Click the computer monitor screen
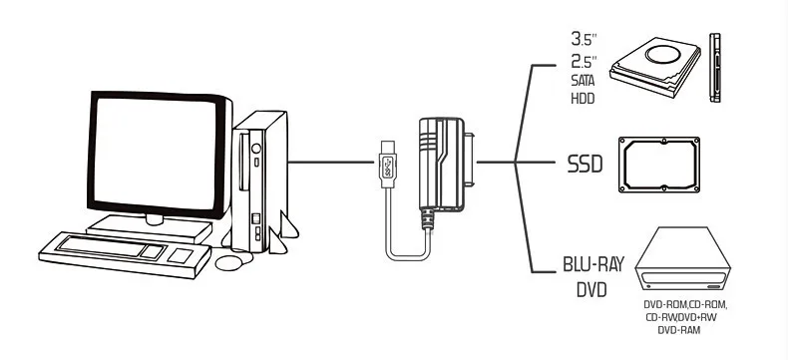(x=155, y=154)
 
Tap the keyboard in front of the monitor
(x=124, y=255)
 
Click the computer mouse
(x=228, y=262)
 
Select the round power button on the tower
(x=256, y=149)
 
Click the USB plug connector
(x=386, y=164)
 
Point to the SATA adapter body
(x=442, y=164)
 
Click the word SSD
(x=585, y=164)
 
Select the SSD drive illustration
(x=659, y=165)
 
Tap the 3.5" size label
(x=584, y=38)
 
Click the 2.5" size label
(x=584, y=62)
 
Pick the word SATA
(x=583, y=81)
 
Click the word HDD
(x=583, y=99)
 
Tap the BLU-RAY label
(x=593, y=264)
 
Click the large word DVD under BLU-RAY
(x=591, y=290)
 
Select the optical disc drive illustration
(x=682, y=260)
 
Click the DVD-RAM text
(x=679, y=330)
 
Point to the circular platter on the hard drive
(x=663, y=54)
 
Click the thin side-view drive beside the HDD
(x=714, y=68)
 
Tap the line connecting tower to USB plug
(x=331, y=162)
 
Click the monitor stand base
(x=150, y=228)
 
